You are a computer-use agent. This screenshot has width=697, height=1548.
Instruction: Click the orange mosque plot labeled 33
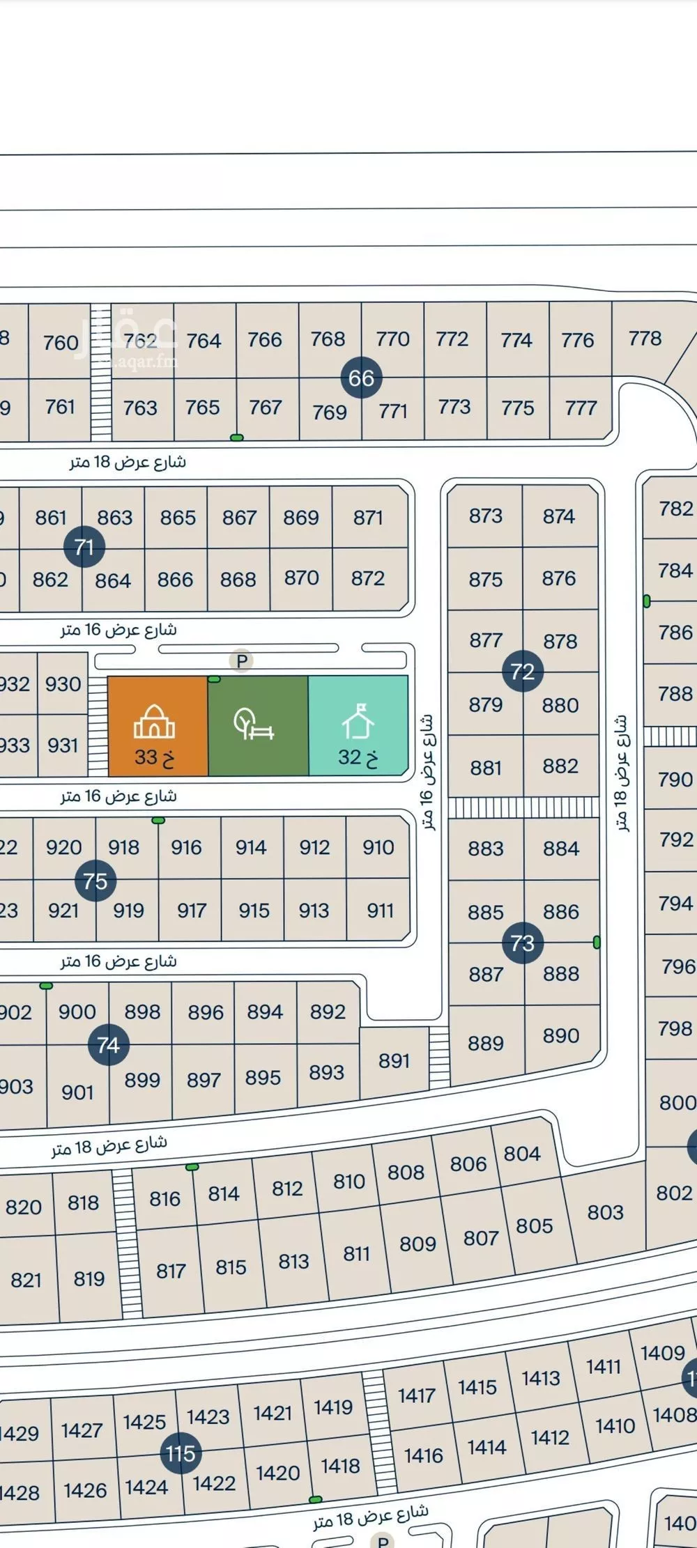(158, 726)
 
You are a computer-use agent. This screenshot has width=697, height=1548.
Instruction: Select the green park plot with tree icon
(258, 726)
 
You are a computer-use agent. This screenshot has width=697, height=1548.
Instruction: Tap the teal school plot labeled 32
(358, 726)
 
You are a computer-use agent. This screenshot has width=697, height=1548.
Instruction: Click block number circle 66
(361, 378)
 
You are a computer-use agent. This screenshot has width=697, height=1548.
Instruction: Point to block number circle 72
(522, 672)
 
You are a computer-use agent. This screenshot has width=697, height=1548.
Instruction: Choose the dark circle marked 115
(181, 1454)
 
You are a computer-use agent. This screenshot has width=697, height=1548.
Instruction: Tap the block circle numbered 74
(108, 1045)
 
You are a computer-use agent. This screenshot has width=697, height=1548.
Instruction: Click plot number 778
(645, 339)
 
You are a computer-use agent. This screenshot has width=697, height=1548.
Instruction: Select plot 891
(394, 1061)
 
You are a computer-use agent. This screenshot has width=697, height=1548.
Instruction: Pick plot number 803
(605, 1213)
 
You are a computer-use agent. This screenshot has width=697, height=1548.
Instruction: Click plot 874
(559, 516)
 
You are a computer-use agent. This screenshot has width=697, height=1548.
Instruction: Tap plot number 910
(378, 847)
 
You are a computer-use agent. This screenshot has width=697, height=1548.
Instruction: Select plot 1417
(417, 1395)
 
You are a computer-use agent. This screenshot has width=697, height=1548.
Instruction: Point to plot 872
(368, 578)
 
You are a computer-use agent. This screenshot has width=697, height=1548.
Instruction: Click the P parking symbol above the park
(242, 660)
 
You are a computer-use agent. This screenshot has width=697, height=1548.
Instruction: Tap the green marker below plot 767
(237, 438)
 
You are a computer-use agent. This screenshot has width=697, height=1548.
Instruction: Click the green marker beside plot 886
(597, 943)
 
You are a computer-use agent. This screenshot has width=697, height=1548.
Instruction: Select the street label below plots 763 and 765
(128, 462)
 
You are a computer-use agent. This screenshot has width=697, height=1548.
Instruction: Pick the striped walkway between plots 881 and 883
(523, 807)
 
